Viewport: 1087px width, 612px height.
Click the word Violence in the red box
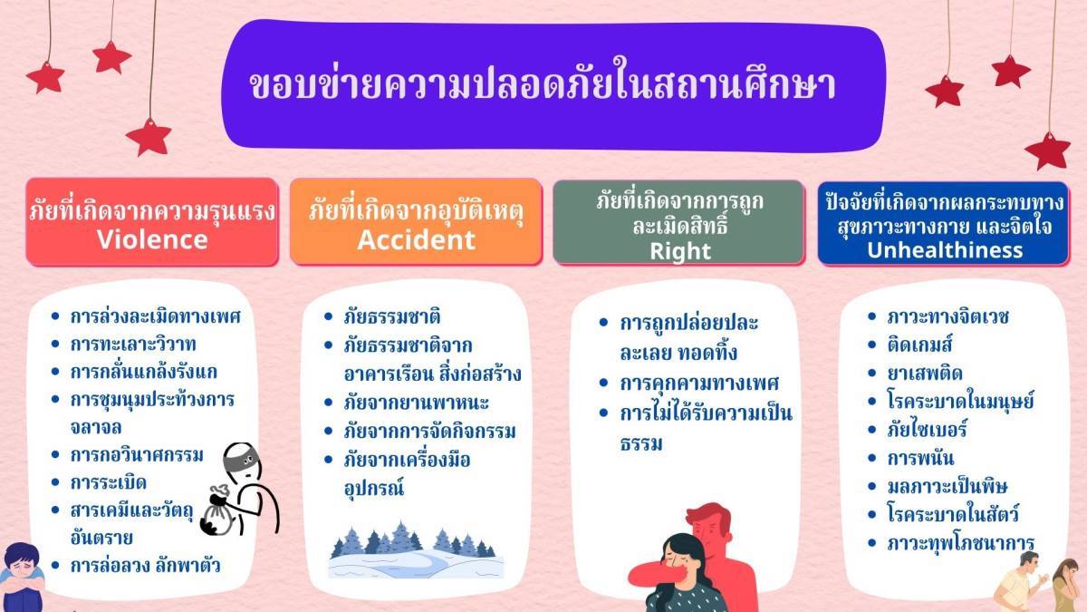pos(152,239)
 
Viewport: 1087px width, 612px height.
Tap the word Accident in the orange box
pos(417,239)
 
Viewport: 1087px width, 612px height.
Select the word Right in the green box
pos(680,252)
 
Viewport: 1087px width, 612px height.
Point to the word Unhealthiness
pos(945,250)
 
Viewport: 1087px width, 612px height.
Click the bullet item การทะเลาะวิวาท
pos(133,345)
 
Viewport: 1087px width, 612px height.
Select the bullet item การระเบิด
pos(108,482)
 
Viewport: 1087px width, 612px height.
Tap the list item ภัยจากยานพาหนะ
pos(416,403)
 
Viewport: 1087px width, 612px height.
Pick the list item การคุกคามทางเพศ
pos(699,384)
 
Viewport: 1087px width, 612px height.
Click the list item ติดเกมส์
pos(919,345)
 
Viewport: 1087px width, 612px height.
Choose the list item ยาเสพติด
pos(925,373)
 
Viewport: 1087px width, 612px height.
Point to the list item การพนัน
pos(920,458)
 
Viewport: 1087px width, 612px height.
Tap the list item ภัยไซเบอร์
pos(927,430)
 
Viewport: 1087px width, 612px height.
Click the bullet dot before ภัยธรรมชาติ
pos(328,316)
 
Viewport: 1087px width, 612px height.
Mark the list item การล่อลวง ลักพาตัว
pos(145,566)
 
